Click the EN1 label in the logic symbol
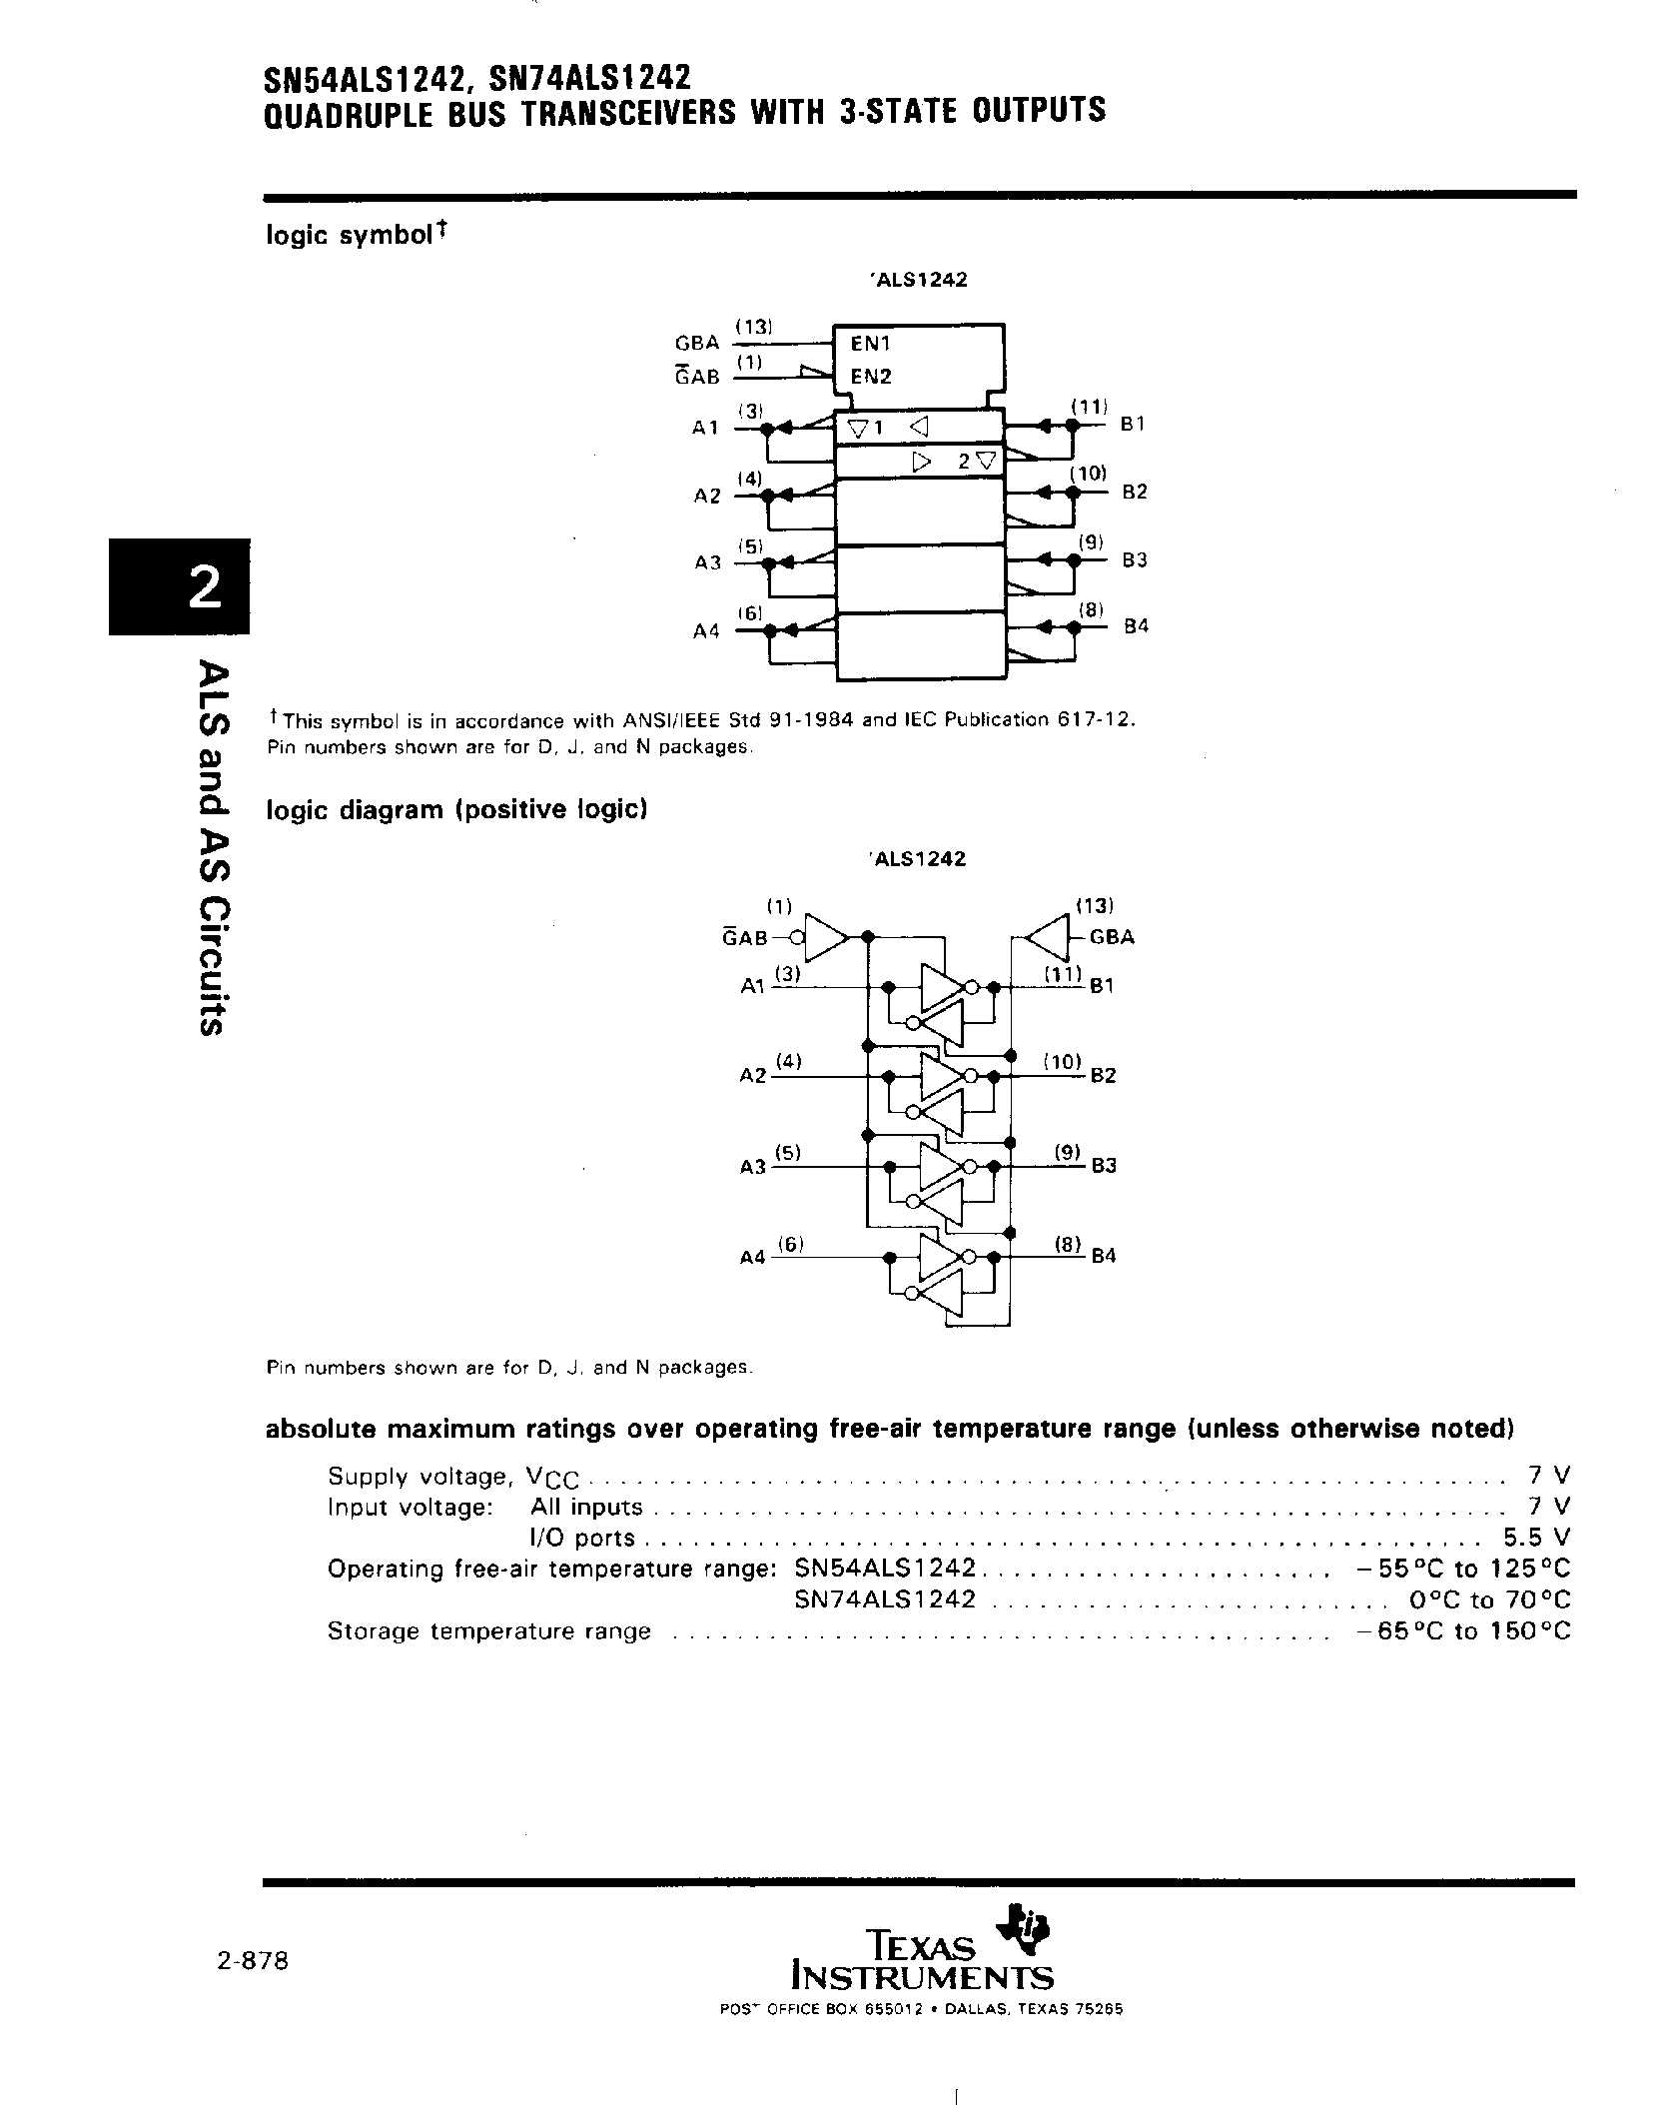click(870, 344)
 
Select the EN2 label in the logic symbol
click(871, 377)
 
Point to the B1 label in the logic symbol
click(1132, 424)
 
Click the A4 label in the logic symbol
click(706, 631)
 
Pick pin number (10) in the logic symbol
click(1088, 474)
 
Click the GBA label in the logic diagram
click(1112, 937)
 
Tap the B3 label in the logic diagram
click(1103, 1166)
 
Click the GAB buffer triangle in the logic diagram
click(823, 937)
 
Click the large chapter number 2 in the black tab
click(204, 586)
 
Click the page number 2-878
click(252, 1961)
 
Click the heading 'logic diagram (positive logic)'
click(457, 809)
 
